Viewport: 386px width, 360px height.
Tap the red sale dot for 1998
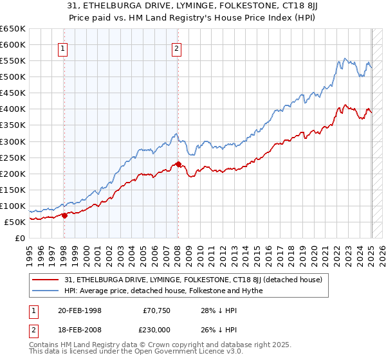(64, 215)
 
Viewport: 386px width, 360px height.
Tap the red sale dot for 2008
(178, 164)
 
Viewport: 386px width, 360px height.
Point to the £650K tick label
(13, 29)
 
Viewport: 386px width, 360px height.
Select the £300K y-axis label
(13, 141)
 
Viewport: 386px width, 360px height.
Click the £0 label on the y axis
(21, 238)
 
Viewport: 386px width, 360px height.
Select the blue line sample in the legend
(46, 291)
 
